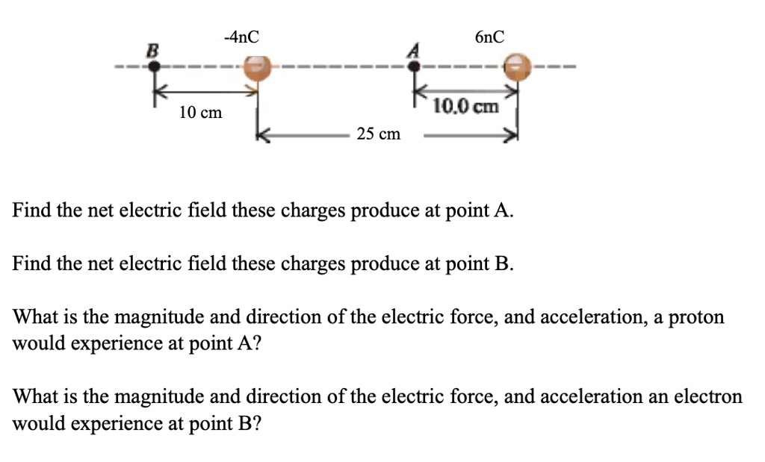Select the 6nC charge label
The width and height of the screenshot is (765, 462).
pyautogui.click(x=489, y=36)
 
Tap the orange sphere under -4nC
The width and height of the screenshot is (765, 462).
pyautogui.click(x=258, y=67)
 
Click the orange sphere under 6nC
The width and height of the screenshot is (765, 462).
pyautogui.click(x=518, y=66)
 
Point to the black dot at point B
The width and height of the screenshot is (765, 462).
pyautogui.click(x=154, y=67)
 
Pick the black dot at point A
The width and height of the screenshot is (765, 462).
pyautogui.click(x=415, y=66)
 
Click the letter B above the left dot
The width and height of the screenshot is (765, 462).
pyautogui.click(x=153, y=50)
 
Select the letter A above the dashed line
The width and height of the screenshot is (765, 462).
pyautogui.click(x=410, y=49)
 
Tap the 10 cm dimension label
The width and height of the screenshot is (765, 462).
pyautogui.click(x=200, y=113)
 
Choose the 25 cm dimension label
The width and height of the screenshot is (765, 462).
pyautogui.click(x=378, y=134)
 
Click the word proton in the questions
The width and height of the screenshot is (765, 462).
pyautogui.click(x=696, y=317)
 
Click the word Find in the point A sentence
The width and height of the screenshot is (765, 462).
pyautogui.click(x=31, y=210)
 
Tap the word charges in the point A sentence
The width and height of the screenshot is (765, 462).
pyautogui.click(x=315, y=210)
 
